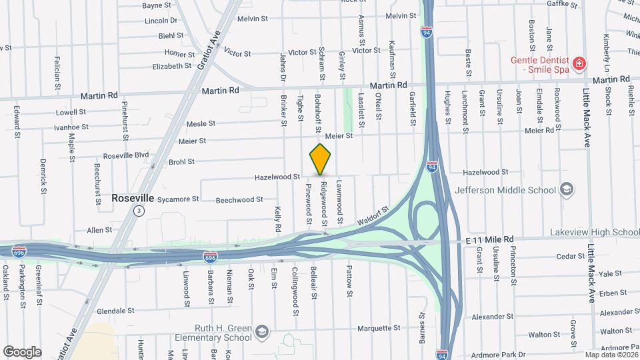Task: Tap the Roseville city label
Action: [x=133, y=198]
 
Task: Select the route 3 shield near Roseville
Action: [x=138, y=211]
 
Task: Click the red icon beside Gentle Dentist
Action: [x=580, y=64]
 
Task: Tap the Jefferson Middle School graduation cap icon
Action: [x=566, y=190]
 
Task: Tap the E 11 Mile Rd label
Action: [x=491, y=238]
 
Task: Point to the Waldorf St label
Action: [x=372, y=215]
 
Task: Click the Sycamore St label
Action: [x=178, y=199]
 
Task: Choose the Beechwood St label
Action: [x=239, y=199]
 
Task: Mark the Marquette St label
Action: [x=378, y=328]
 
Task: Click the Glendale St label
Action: [x=116, y=311]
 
